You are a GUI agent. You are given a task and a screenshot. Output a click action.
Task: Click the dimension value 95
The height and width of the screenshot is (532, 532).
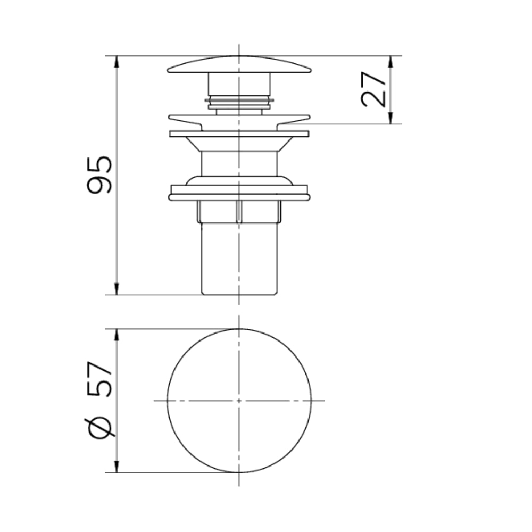click(x=99, y=174)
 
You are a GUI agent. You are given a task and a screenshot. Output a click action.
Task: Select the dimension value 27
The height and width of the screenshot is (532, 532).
click(x=373, y=89)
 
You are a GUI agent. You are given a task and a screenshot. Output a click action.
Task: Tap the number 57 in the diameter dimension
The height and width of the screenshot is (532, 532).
click(x=99, y=379)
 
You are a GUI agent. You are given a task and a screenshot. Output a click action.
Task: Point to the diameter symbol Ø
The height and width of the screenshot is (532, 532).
click(x=100, y=428)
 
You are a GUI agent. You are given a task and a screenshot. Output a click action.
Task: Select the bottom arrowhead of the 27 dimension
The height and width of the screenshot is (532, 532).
click(x=390, y=118)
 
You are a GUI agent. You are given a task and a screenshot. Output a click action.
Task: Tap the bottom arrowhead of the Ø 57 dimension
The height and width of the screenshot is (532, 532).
click(x=117, y=466)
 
